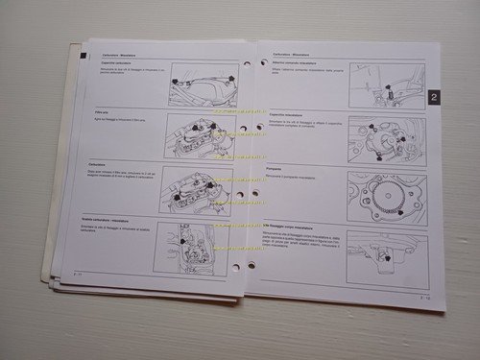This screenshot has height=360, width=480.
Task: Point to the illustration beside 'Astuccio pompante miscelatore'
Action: pyautogui.click(x=386, y=84)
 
